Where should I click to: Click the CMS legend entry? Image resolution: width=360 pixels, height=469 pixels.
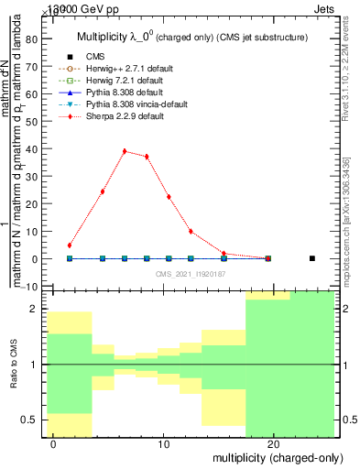coord(95,57)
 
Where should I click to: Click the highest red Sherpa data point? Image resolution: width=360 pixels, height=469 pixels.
coord(125,151)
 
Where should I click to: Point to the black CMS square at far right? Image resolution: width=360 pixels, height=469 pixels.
coord(312,258)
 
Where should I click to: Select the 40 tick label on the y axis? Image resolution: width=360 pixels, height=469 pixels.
coord(31,149)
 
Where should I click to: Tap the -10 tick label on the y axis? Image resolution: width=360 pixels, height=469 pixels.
coord(28,287)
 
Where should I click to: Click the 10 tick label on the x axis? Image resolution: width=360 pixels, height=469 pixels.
coord(163,445)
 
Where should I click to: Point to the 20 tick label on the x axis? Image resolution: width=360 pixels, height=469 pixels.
coord(273,445)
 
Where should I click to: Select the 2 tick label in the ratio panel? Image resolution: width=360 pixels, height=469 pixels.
coord(34,310)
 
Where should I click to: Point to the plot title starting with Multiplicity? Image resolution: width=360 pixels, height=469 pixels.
coord(191,37)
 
